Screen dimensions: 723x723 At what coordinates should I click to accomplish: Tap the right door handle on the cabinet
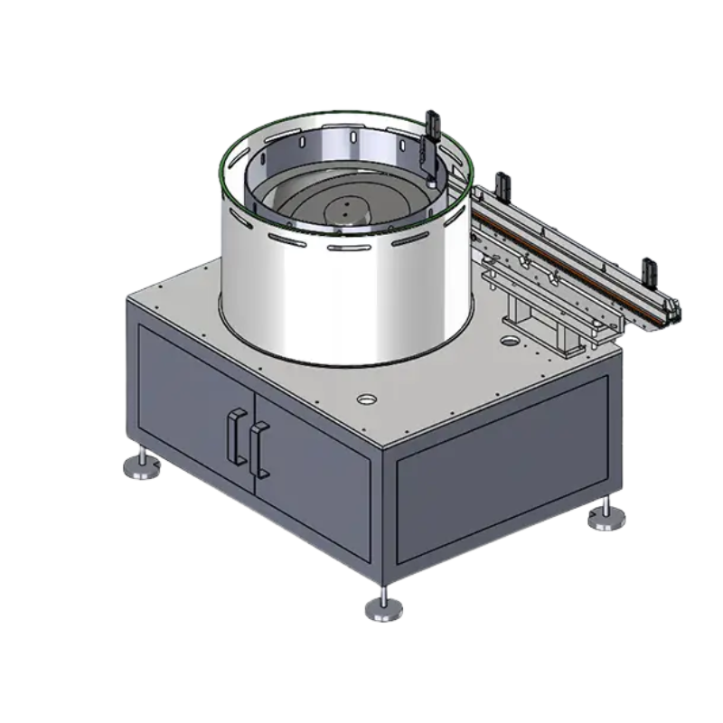pos(259,449)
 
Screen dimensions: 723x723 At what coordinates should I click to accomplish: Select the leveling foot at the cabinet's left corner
pos(141,465)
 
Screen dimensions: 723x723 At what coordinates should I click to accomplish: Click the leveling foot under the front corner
pos(384,607)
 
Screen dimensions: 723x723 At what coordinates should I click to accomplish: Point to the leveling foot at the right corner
pos(605,517)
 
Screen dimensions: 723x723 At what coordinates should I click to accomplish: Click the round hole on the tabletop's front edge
pos(367,399)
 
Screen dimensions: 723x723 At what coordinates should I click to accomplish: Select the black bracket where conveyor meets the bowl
pos(501,184)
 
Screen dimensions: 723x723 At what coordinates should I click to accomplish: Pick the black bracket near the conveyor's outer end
pos(648,270)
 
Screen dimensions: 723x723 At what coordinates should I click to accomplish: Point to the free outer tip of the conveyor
pos(672,313)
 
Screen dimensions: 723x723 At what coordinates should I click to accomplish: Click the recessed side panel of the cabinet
pos(502,470)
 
